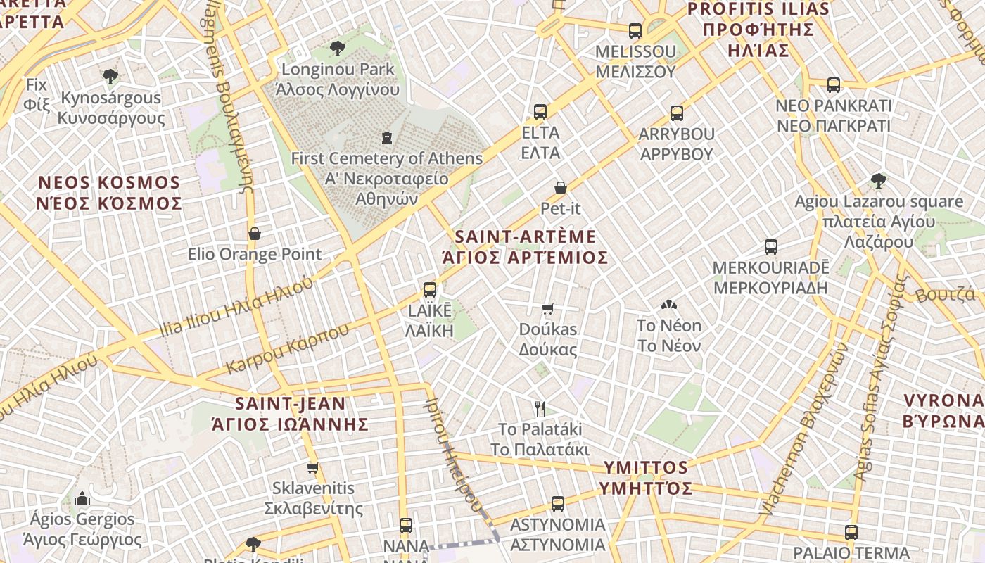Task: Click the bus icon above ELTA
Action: (x=540, y=112)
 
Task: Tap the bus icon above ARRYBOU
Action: (x=677, y=113)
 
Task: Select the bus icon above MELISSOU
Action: (x=635, y=31)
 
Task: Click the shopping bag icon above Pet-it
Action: (x=561, y=188)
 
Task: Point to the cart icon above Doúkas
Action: (x=548, y=308)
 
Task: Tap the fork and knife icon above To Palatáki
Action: (x=540, y=408)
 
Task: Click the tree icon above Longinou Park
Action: (x=338, y=49)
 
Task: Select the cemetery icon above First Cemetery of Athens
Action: (x=386, y=137)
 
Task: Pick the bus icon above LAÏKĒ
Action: (x=430, y=289)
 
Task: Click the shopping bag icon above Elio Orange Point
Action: (x=255, y=234)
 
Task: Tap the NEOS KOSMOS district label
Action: (x=110, y=193)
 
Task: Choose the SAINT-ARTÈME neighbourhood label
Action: (x=525, y=246)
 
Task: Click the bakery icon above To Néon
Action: (x=668, y=305)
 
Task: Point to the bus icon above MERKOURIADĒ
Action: (x=771, y=247)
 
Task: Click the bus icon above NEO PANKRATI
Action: (x=834, y=85)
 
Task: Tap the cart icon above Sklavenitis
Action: (x=313, y=467)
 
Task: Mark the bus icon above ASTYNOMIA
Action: (x=558, y=504)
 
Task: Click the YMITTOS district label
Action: (x=646, y=477)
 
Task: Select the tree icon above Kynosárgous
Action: (x=110, y=77)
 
